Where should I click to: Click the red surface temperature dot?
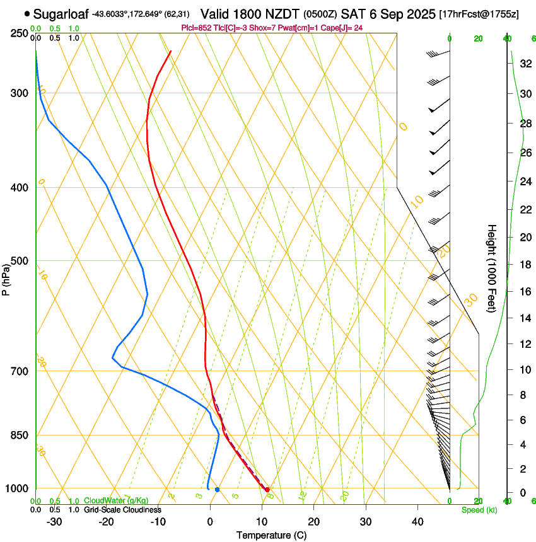point(267,490)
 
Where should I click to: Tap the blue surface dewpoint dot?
point(217,490)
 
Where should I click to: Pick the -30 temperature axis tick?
point(54,521)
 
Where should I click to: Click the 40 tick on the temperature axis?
point(417,521)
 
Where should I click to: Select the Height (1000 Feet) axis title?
point(492,268)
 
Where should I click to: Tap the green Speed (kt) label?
point(479,509)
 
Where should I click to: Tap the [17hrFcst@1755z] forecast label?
point(478,14)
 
